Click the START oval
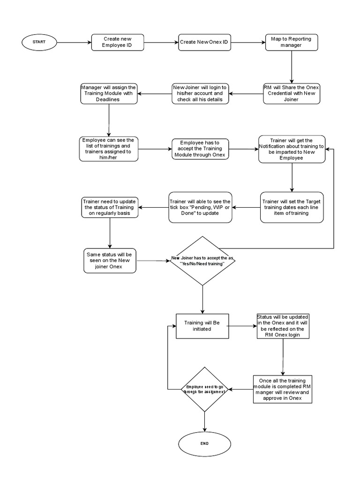click(x=39, y=42)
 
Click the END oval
click(x=204, y=443)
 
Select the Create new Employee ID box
click(x=117, y=42)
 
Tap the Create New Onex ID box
click(x=204, y=42)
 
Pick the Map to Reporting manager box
click(x=291, y=42)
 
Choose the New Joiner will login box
click(x=200, y=93)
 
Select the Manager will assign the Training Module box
click(x=108, y=93)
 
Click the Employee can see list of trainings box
click(x=108, y=149)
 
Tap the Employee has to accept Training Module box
click(x=200, y=149)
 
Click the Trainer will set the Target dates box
click(x=292, y=207)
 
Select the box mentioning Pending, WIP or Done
click(x=200, y=207)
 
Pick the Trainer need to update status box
click(x=110, y=207)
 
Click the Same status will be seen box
click(x=110, y=261)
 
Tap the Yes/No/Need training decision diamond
click(x=202, y=261)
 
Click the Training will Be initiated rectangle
click(x=202, y=325)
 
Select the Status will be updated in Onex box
click(x=283, y=325)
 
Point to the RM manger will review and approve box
click(x=283, y=389)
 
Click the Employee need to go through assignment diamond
click(x=204, y=389)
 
